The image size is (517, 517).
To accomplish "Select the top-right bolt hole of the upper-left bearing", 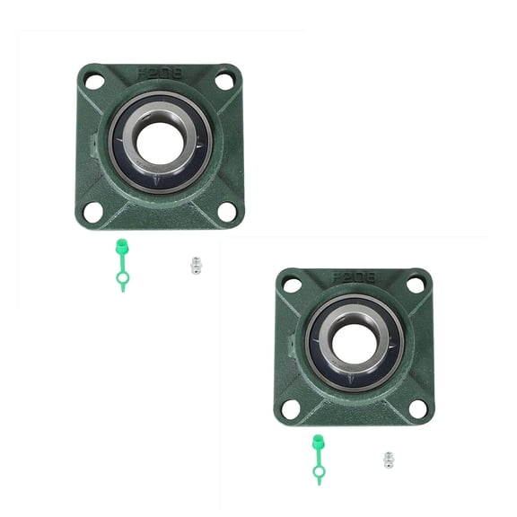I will click(224, 81).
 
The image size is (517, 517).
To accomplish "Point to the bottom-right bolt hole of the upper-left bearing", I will click(226, 211).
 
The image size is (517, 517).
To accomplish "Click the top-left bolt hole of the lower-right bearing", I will click(293, 285).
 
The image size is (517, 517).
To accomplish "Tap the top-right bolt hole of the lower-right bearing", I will click(416, 284).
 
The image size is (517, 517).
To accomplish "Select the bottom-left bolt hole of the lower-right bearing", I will click(291, 408).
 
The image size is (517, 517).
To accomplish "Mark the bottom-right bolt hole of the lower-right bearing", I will click(418, 408).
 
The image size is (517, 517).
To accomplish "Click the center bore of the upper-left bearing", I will click(160, 144).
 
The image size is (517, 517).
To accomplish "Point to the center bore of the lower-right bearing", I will click(355, 344).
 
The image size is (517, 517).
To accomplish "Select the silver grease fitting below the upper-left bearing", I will click(196, 266).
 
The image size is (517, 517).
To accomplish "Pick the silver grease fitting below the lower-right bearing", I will click(389, 460).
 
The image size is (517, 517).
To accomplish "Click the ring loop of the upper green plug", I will click(122, 280).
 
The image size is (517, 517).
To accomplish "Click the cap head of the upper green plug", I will click(120, 246).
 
